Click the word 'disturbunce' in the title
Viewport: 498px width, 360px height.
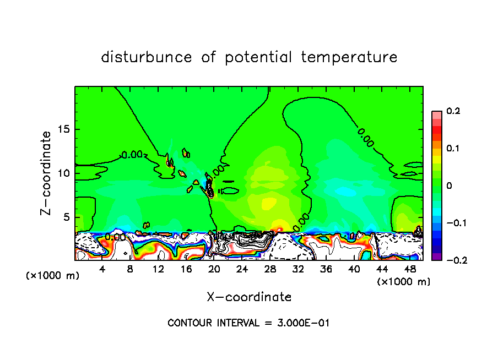(x=147, y=57)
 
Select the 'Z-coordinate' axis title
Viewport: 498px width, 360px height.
(x=47, y=173)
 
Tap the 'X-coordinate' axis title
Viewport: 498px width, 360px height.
(x=249, y=297)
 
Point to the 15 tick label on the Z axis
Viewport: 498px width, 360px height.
(x=64, y=129)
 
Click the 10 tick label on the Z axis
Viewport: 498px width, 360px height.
(x=64, y=173)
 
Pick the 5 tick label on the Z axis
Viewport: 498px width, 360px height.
(x=67, y=217)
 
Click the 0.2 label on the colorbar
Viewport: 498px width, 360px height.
(x=453, y=111)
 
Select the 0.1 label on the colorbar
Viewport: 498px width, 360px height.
(x=453, y=149)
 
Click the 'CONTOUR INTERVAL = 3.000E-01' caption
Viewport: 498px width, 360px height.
(x=248, y=323)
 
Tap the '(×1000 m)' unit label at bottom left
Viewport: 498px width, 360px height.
(x=53, y=276)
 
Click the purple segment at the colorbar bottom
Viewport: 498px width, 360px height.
(x=437, y=257)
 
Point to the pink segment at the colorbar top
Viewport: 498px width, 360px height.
(x=437, y=114)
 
